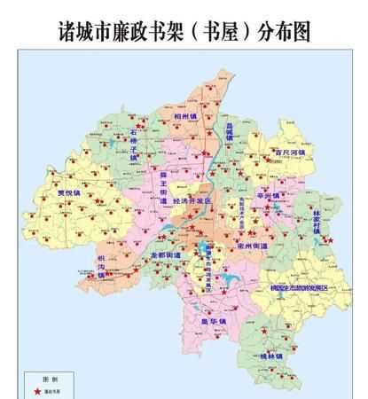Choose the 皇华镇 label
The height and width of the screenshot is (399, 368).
[213, 320]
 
